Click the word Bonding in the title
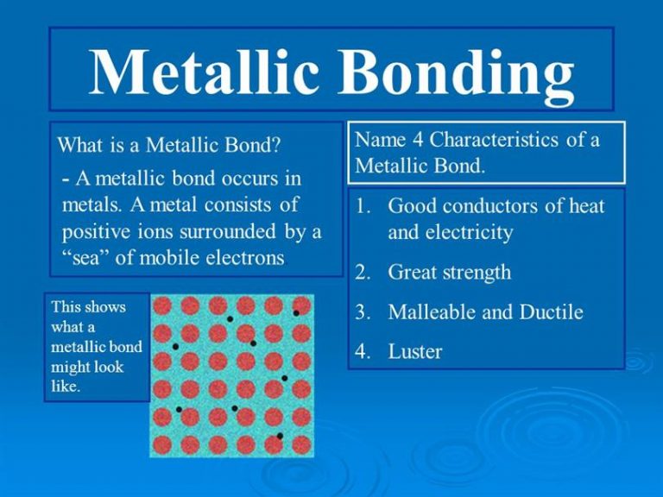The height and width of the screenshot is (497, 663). (x=455, y=72)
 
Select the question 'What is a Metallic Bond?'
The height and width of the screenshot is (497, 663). (x=169, y=145)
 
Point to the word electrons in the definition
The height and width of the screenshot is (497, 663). (x=245, y=257)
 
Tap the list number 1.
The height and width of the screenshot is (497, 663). (x=362, y=206)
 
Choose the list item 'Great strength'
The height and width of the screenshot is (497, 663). (x=450, y=273)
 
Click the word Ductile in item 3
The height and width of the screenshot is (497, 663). (x=552, y=312)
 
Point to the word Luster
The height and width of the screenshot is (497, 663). (x=414, y=352)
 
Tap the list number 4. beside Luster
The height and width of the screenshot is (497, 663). (x=363, y=352)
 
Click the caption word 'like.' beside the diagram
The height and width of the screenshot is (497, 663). (x=65, y=386)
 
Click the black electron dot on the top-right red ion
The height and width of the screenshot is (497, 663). (x=296, y=313)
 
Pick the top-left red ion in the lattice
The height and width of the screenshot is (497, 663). (x=162, y=305)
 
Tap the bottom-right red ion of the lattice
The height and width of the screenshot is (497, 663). (x=301, y=445)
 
